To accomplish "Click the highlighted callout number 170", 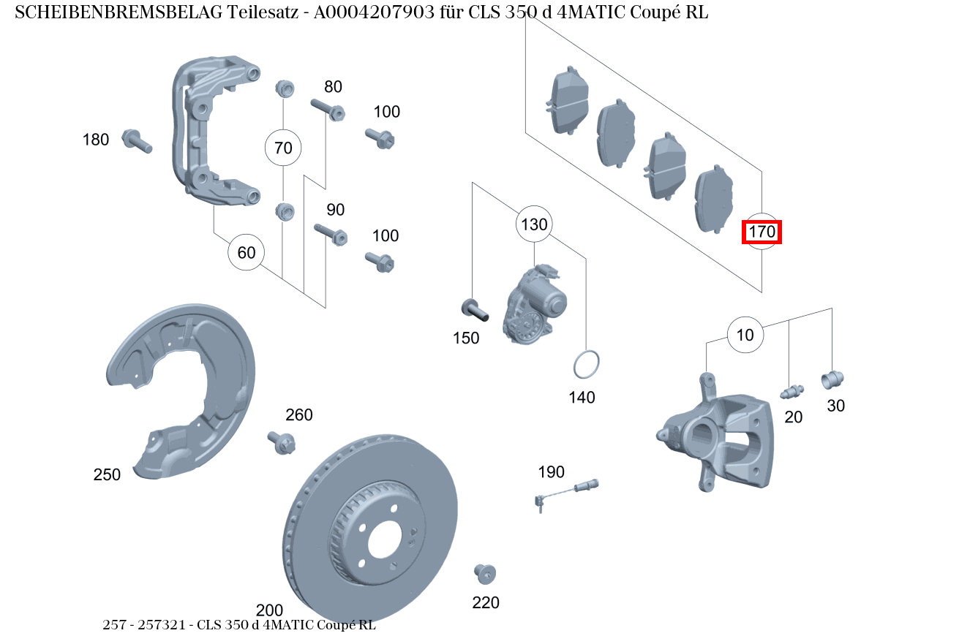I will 762,232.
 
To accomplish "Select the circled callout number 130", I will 534,224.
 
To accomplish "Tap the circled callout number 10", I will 745,336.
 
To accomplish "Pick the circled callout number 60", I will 247,253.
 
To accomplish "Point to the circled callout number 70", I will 283,148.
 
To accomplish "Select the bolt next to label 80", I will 328,110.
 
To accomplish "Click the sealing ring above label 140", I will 585,364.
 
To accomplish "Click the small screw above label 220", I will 484,573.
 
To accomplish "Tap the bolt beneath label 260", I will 282,442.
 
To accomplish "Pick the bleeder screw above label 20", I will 792,392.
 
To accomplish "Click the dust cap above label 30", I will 832,379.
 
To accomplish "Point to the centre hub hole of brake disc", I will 385,542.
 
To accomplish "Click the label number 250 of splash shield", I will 107,474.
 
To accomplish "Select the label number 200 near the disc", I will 269,610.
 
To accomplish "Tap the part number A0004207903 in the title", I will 375,12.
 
